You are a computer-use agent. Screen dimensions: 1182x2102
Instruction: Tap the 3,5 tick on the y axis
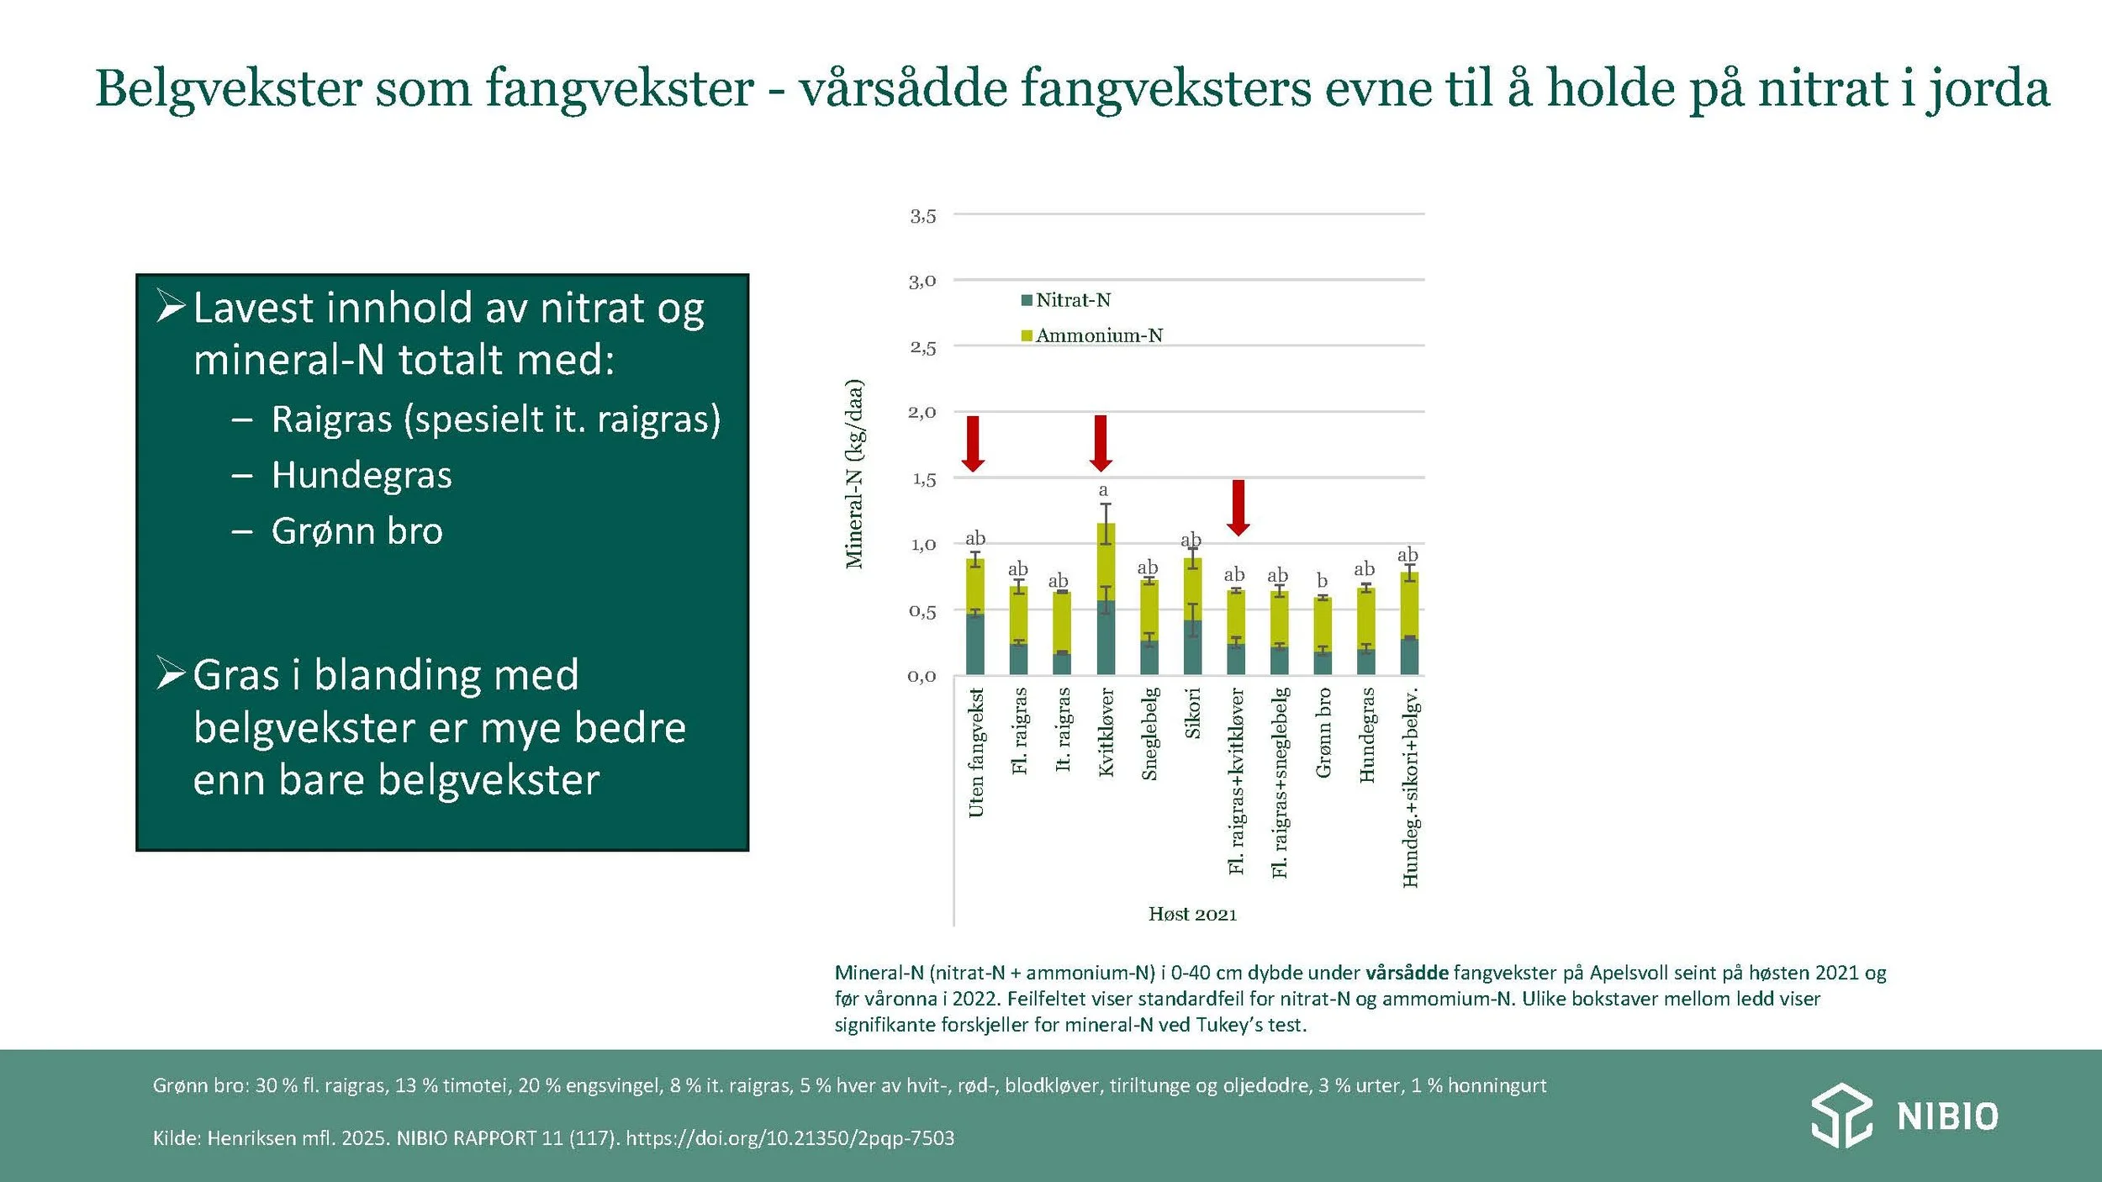point(922,216)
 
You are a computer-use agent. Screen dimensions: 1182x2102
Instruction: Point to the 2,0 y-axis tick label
point(922,412)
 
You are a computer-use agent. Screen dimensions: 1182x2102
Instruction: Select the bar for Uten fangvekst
point(975,617)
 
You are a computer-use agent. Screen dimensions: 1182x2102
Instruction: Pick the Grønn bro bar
point(1323,636)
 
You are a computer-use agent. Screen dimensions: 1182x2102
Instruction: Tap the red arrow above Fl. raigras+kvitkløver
point(1238,507)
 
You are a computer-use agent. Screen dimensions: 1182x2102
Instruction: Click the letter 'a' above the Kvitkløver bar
point(1103,490)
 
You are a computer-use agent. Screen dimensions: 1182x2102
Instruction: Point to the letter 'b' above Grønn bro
point(1322,581)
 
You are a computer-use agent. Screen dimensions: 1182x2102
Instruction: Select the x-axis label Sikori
point(1192,713)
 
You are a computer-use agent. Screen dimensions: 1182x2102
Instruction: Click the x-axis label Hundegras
point(1366,735)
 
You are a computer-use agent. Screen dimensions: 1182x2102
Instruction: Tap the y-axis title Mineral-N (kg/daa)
point(854,474)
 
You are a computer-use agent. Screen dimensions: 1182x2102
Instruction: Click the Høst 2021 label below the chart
point(1192,915)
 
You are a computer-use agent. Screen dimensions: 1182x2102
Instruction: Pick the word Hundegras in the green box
point(362,475)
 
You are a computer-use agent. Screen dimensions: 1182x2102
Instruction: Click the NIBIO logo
point(1904,1116)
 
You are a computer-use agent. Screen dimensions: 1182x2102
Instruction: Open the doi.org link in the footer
point(790,1138)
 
